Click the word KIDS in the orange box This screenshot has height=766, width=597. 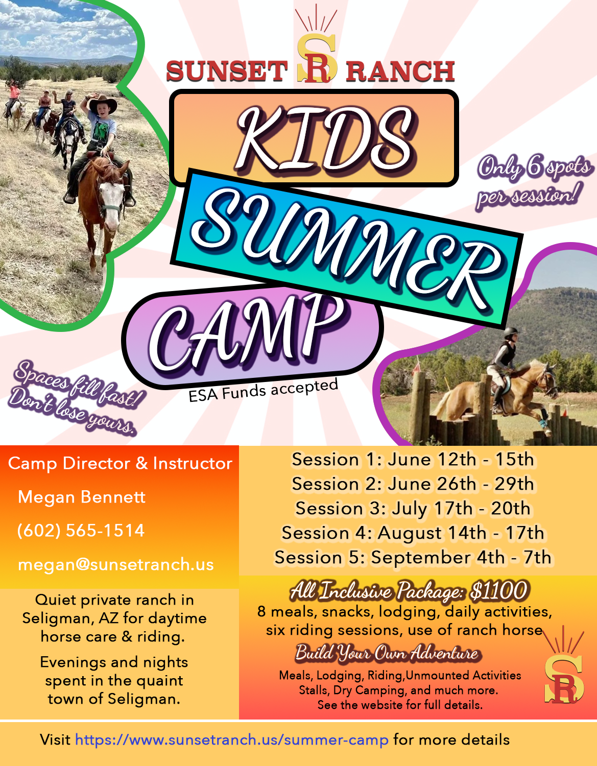tap(325, 139)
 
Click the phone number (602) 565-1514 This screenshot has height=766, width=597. tap(81, 531)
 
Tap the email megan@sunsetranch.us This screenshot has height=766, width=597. tap(115, 564)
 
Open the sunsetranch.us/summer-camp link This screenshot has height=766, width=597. tap(232, 740)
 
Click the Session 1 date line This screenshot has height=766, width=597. tap(413, 460)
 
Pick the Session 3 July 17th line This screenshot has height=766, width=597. tap(413, 509)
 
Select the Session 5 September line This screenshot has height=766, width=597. tap(413, 558)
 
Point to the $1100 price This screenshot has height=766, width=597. tap(498, 591)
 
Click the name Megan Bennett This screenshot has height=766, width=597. tap(82, 497)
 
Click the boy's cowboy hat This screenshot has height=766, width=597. tap(102, 104)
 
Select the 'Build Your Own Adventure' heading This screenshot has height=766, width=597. tap(387, 653)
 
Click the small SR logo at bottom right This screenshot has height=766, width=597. tap(563, 674)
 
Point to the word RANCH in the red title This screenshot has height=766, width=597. tap(400, 71)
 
